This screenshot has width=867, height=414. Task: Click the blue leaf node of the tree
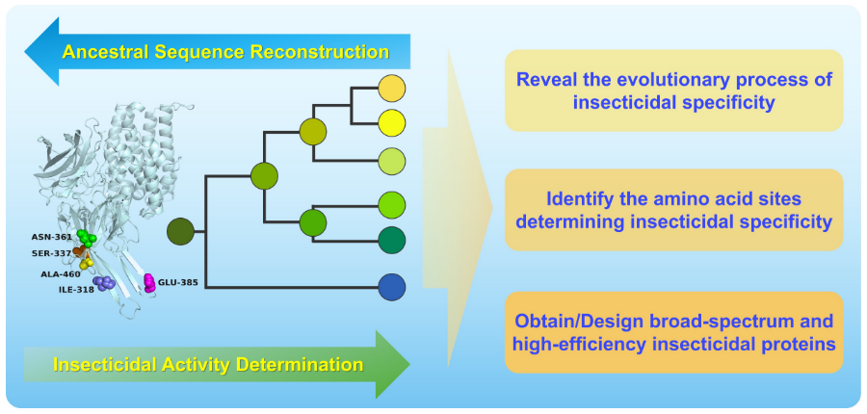coord(391,287)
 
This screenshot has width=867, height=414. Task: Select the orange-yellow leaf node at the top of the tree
coord(391,89)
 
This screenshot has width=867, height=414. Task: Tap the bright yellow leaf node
coord(391,122)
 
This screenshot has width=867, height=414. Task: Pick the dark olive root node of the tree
coord(181,231)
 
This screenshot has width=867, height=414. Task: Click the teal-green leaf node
coord(391,240)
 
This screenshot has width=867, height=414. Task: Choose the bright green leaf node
coord(391,204)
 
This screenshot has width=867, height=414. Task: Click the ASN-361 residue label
coord(51,236)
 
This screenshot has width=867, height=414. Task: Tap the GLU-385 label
coord(177,282)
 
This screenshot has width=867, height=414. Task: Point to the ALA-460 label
coord(61,273)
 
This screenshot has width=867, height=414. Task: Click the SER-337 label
coord(51,253)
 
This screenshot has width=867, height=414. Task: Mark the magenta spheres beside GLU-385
coord(149,282)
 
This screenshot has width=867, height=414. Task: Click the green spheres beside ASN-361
coord(86,238)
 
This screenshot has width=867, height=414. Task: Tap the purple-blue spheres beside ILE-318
coord(104,283)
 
